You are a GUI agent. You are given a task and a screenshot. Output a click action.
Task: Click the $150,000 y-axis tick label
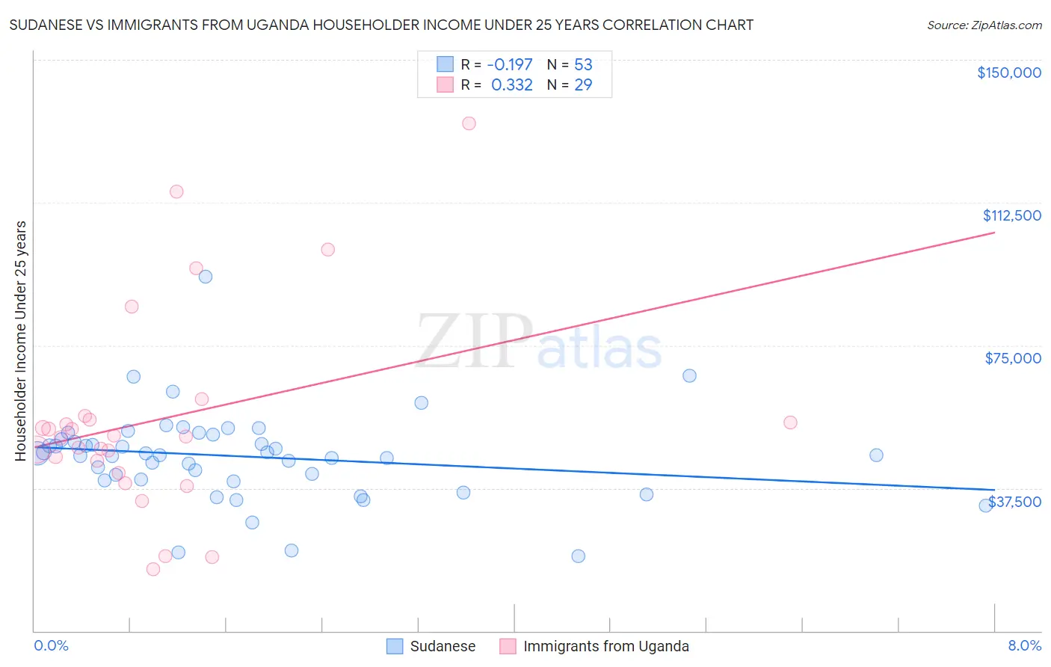1008,73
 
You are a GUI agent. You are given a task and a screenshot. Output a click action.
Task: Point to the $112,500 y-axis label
1011,215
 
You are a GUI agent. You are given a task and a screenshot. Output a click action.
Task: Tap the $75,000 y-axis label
1013,358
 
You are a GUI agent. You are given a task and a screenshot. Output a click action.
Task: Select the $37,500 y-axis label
1014,502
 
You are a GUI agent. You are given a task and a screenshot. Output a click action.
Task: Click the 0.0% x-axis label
51,645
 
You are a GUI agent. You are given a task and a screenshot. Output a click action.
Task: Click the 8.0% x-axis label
1024,645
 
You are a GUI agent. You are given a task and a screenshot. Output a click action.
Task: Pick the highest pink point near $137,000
469,123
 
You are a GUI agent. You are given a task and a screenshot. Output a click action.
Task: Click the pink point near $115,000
176,191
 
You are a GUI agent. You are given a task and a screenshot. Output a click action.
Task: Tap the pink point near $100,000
327,250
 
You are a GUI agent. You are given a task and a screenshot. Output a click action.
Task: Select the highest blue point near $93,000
206,277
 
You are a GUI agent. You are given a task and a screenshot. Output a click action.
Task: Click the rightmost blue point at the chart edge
986,505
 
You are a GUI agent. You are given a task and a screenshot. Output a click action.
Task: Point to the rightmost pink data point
790,422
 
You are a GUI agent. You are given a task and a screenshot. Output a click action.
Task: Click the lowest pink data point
153,569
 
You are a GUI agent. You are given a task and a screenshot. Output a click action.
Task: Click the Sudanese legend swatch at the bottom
395,646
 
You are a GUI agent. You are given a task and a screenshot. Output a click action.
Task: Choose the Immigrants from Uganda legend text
605,646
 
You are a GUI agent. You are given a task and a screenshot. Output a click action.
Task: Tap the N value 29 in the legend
583,85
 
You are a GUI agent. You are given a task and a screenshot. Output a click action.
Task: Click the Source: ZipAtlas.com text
984,25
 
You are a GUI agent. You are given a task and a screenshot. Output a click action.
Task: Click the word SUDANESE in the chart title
49,25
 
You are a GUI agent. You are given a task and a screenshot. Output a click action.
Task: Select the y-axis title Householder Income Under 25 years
20,340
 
